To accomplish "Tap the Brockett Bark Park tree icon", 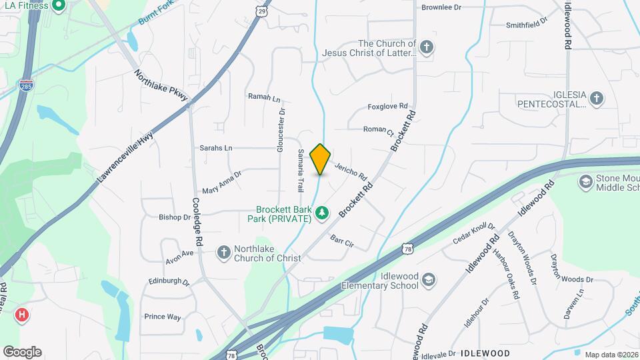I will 322,213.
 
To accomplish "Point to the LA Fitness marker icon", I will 58,7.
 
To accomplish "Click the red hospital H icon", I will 23,314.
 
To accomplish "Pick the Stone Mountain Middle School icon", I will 585,181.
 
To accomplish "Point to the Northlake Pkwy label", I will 161,87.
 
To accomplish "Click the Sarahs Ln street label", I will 216,147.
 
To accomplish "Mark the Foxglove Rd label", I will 387,106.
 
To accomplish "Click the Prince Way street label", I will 163,317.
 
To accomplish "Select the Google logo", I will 22,351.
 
